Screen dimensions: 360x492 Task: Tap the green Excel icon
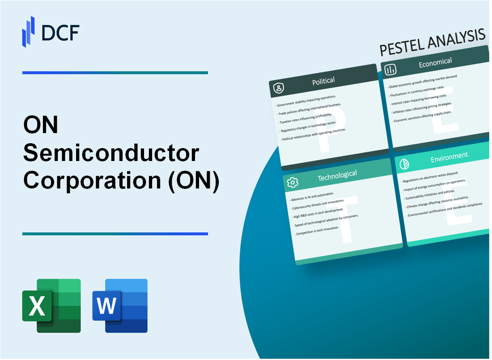pos(51,305)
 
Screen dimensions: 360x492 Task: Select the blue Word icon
pos(120,305)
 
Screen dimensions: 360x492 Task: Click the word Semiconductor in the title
pos(111,154)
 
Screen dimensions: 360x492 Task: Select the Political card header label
pos(323,81)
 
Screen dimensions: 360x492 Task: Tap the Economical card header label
pos(435,63)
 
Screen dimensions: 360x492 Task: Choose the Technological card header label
pos(337,176)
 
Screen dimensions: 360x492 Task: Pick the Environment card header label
pos(449,157)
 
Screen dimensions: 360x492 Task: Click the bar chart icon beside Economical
pos(390,69)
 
